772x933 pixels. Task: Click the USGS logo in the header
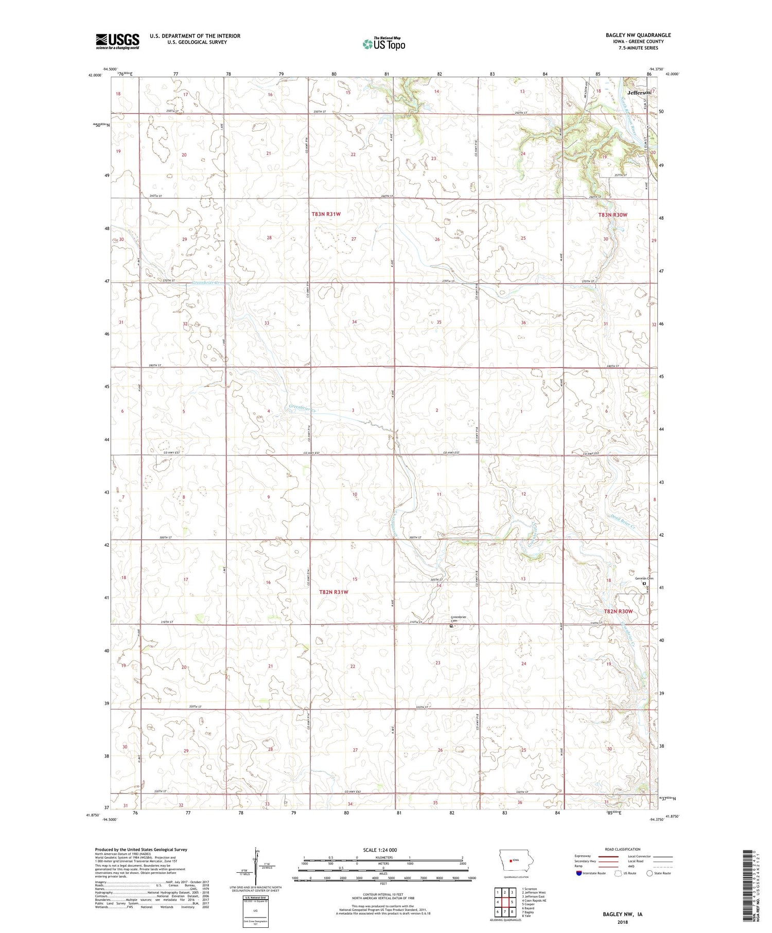(x=117, y=41)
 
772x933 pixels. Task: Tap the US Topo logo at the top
(x=383, y=44)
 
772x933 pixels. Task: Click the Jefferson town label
(x=639, y=93)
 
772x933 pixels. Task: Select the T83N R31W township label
(x=326, y=214)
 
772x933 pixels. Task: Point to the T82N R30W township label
(x=618, y=611)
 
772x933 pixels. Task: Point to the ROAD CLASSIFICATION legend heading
(x=623, y=849)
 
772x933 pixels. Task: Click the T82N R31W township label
(x=334, y=592)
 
